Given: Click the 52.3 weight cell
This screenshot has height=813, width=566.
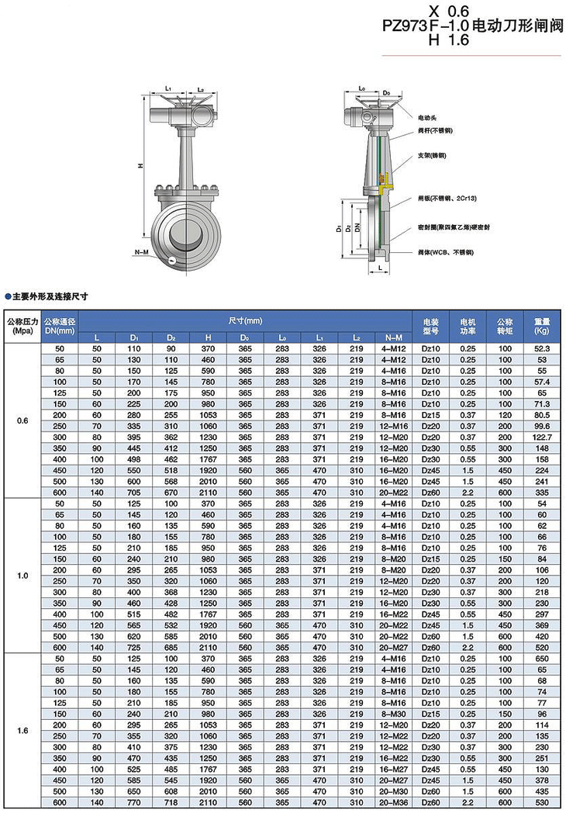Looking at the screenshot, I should point(541,350).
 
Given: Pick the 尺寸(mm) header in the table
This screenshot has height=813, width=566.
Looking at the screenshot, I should point(245,320).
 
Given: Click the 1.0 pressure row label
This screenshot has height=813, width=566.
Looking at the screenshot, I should point(22,576).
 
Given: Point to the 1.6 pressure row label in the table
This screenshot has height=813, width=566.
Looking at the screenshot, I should point(22,730).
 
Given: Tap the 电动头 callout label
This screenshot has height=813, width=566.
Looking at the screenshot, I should point(426,117).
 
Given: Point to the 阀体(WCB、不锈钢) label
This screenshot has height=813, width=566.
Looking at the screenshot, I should point(445,253).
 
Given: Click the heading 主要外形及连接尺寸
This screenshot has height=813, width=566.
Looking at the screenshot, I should point(50,296).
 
